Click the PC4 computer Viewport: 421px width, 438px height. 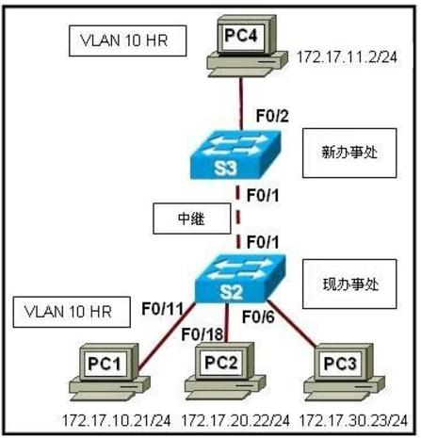pos(247,46)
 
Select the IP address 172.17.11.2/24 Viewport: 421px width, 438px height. pos(348,57)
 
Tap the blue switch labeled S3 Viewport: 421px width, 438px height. pos(235,154)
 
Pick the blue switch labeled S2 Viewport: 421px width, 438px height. pos(240,279)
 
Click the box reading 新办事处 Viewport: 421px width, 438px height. pos(349,153)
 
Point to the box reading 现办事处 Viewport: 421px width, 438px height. pos(349,284)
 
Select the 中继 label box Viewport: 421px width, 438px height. pos(192,219)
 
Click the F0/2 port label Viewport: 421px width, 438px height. pos(272,116)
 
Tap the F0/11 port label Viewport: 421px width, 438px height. pos(162,309)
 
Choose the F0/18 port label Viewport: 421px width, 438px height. pos(202,334)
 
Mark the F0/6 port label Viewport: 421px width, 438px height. pos(258,317)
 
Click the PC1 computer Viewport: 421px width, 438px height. pos(109,372)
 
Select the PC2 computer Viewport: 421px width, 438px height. pos(225,371)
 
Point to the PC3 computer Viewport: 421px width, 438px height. pos(344,372)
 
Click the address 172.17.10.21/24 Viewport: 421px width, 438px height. pos(117,420)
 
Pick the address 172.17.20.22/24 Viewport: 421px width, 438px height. pos(235,420)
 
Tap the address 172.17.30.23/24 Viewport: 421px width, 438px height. pos(354,420)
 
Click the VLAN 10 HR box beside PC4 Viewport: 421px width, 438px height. pos(127,41)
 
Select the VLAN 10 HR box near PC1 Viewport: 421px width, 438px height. pos(72,312)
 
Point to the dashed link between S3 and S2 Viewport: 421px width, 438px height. pos(238,217)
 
